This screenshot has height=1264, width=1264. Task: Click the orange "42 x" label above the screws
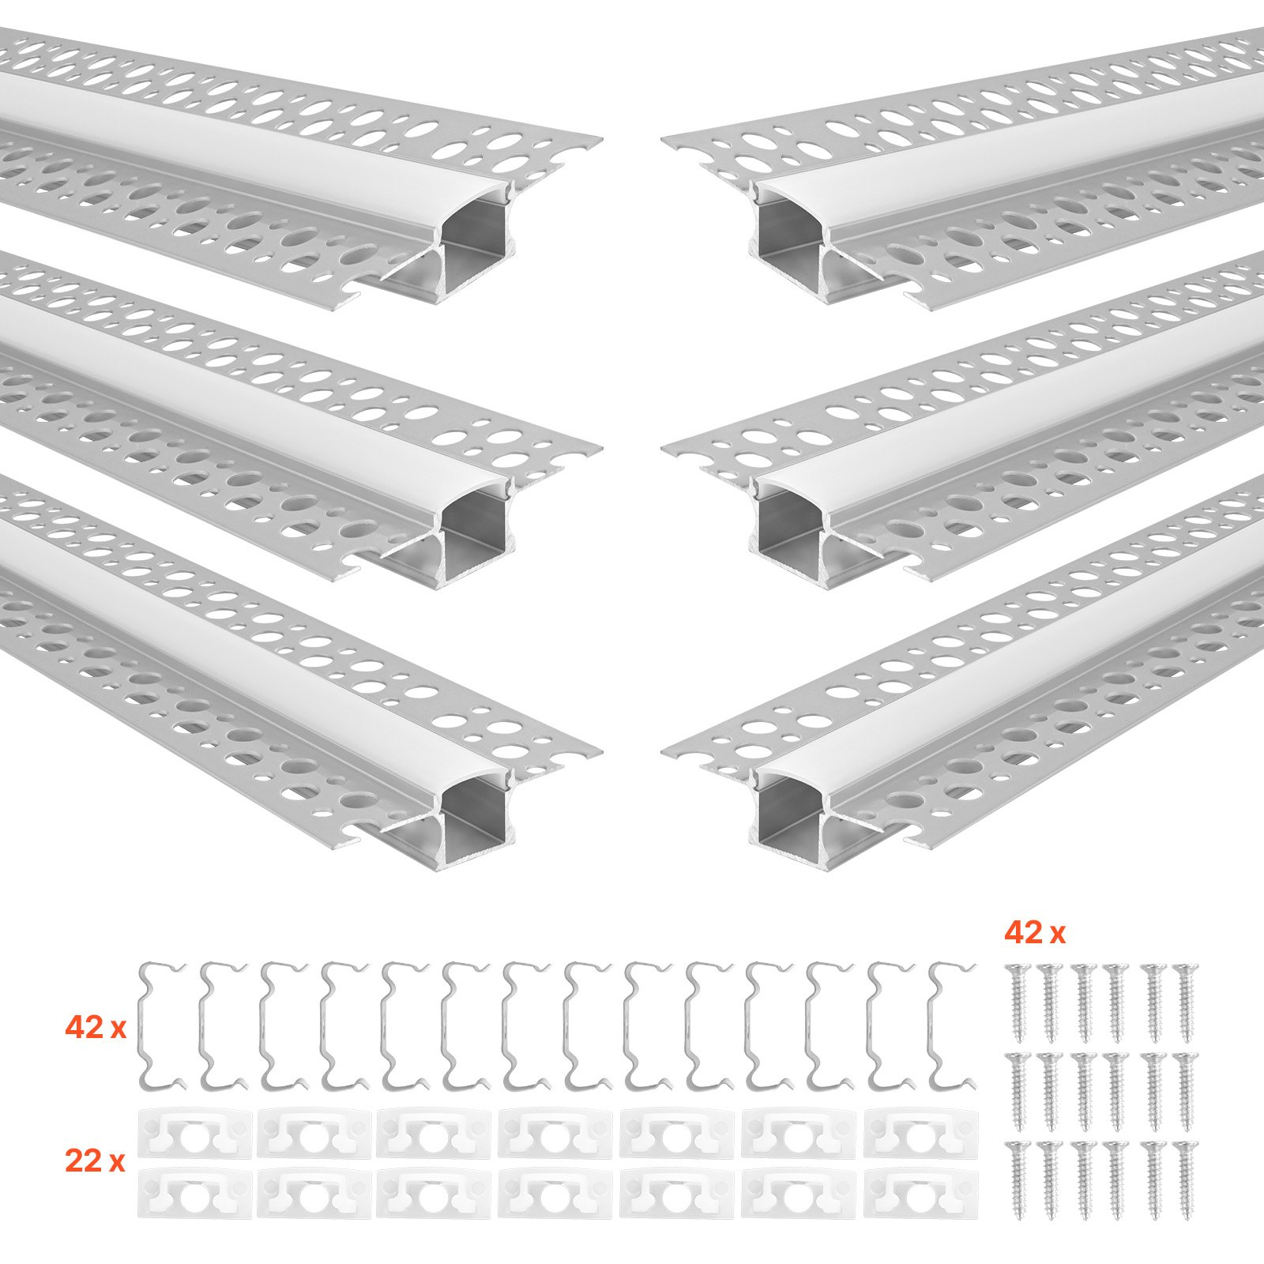1034,934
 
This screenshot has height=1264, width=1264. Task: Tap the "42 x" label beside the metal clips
96,1028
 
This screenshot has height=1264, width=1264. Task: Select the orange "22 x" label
96,1161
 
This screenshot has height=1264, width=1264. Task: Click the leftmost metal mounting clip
162,1024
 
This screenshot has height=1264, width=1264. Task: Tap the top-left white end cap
195,1134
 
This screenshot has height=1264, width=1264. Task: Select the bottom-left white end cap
195,1193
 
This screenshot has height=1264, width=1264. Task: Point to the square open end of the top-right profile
790,229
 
